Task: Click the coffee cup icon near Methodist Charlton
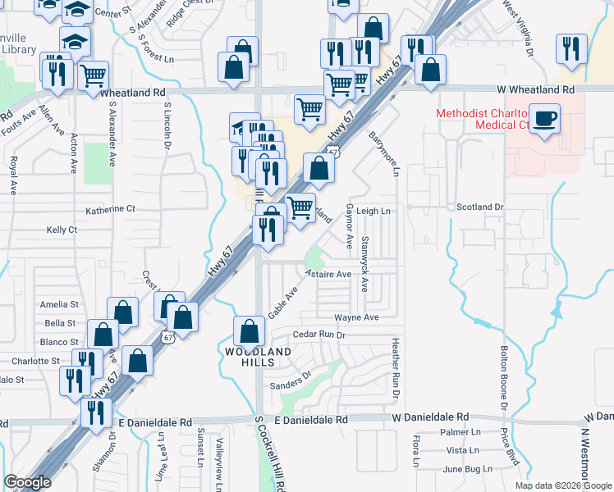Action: point(544,118)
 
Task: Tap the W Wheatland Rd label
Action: point(534,89)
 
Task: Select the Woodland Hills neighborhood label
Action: point(259,358)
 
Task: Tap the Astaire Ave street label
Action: point(328,274)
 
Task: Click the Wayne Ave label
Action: point(356,317)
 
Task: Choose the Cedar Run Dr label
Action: point(319,335)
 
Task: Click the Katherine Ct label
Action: point(110,209)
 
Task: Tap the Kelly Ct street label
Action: point(62,230)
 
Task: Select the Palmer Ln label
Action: point(460,432)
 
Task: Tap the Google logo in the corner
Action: point(27,482)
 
